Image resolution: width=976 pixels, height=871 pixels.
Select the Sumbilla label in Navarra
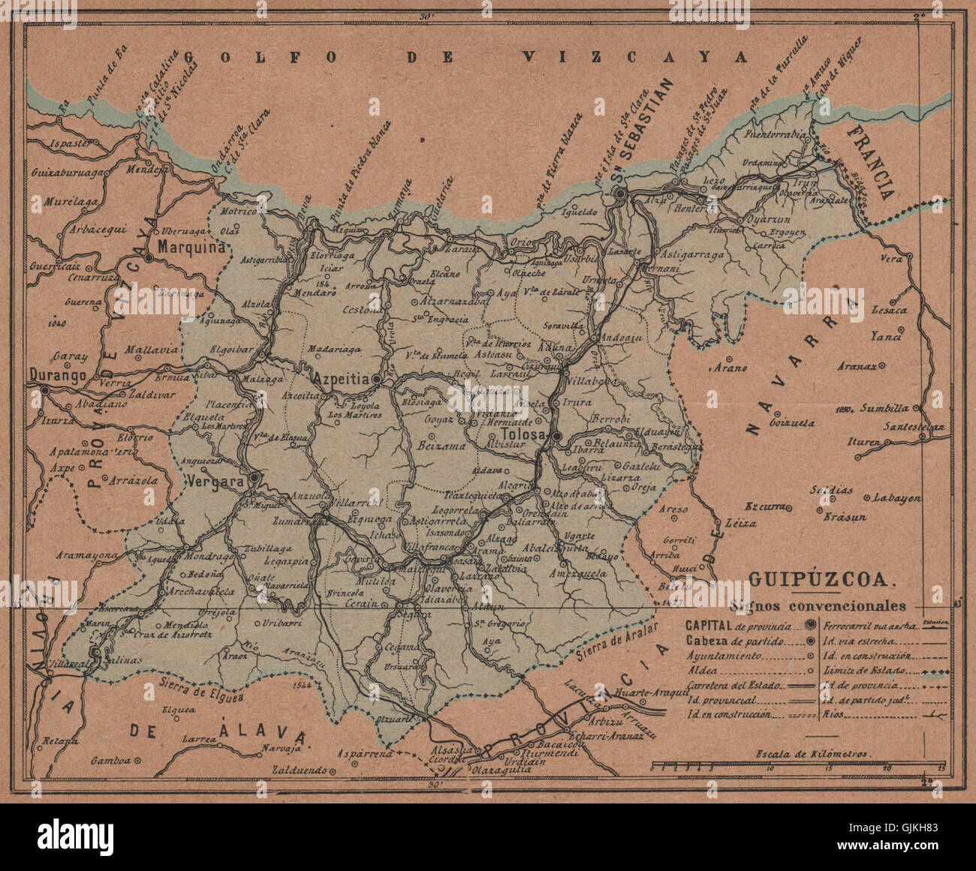(884, 409)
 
